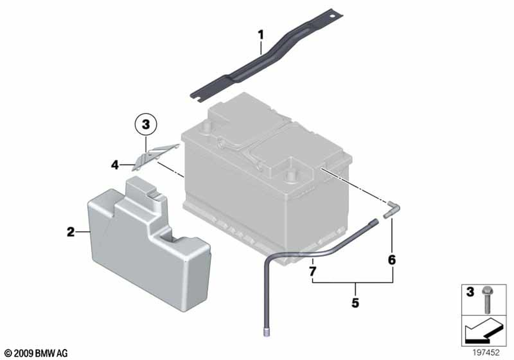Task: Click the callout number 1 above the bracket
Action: coord(261,34)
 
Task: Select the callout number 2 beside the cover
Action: coord(71,232)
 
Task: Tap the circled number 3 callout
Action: coord(146,124)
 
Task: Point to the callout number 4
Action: coord(115,165)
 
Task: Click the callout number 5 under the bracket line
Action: coord(355,302)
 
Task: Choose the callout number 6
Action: coord(392,260)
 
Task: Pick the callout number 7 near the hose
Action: coord(313,271)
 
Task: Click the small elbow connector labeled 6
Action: coord(392,208)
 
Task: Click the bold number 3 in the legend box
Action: coord(470,292)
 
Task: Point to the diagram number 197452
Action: coord(486,352)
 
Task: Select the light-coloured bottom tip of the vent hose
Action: coord(266,333)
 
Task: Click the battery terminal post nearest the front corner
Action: coord(290,175)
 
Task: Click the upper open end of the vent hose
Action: coord(375,222)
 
